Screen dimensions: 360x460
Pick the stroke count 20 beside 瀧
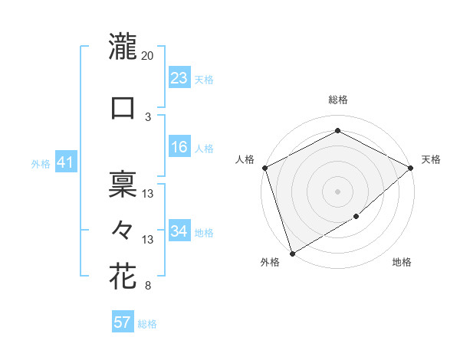(x=148, y=56)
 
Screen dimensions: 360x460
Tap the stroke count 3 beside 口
(x=148, y=117)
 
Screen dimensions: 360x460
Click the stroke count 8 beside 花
(x=148, y=286)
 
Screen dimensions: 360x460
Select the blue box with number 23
(x=179, y=78)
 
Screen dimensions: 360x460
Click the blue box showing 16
(x=179, y=147)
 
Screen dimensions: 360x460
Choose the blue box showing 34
(x=179, y=231)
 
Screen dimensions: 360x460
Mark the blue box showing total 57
(x=123, y=322)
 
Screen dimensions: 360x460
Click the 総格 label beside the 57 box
(x=147, y=324)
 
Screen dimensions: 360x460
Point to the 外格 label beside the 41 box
(x=41, y=163)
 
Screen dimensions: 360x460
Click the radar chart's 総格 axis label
(x=338, y=100)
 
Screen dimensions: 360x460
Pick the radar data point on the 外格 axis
(x=291, y=252)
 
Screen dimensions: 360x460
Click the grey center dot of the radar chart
(x=338, y=191)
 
